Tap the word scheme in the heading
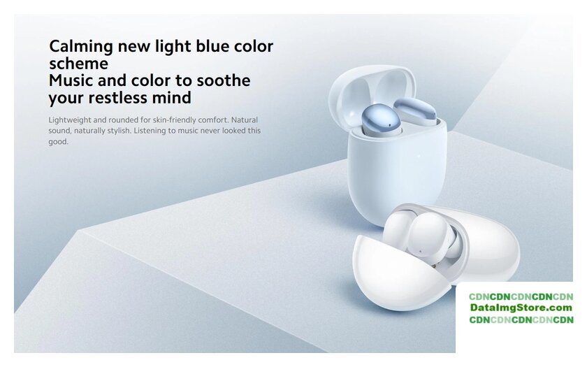[78, 64]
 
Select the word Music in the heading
[71, 80]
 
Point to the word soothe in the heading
[224, 80]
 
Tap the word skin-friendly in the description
[174, 120]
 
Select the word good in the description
[59, 142]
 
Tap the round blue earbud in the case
[382, 119]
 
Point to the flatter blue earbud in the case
[415, 111]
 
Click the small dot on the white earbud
[421, 251]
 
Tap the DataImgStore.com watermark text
[521, 308]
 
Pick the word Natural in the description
[245, 120]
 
